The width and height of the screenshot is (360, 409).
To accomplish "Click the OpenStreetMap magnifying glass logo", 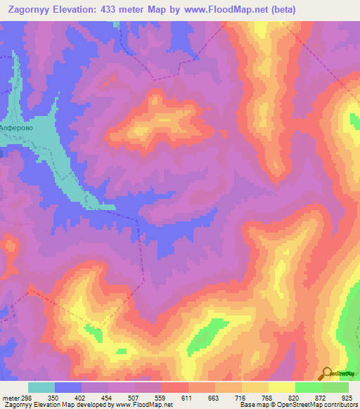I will tap(328, 373).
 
